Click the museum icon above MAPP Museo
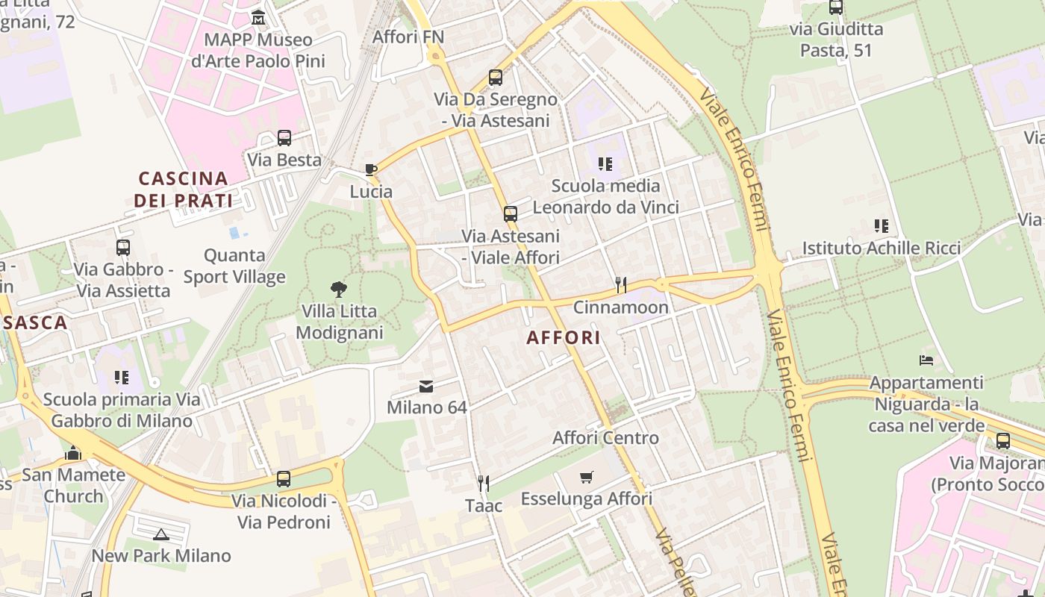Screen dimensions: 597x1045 258,17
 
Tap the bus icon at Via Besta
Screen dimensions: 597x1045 284,138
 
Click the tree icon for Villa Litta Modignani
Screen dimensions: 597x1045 339,290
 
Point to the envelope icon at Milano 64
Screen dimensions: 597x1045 426,386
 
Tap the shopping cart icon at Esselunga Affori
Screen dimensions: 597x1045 587,477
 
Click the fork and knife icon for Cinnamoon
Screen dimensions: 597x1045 620,284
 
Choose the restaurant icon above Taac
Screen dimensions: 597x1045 484,484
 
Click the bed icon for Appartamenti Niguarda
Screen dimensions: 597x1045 926,360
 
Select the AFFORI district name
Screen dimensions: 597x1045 564,337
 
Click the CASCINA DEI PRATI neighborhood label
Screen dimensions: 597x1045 184,190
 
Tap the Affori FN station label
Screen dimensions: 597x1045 408,37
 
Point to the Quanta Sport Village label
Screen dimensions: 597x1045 234,266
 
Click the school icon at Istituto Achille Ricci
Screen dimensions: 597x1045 882,225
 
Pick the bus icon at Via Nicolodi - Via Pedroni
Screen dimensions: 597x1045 284,478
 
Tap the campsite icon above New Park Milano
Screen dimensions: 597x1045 161,534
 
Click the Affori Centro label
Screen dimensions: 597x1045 605,438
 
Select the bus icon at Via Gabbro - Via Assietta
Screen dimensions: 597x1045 123,248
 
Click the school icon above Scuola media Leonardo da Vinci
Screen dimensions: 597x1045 605,163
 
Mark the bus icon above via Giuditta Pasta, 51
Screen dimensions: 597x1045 836,7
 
